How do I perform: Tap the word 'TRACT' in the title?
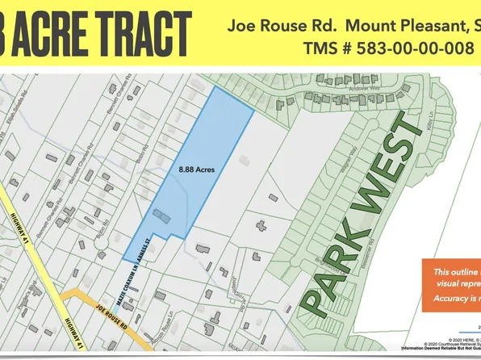[148, 35]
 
